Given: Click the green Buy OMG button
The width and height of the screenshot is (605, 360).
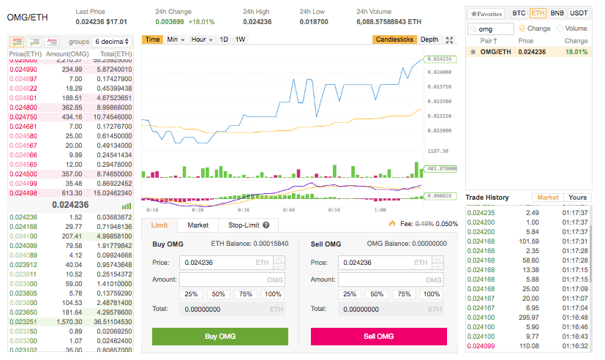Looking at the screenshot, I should (219, 337).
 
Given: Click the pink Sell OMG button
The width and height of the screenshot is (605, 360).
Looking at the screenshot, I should (378, 337).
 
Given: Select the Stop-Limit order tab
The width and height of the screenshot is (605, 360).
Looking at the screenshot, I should (248, 225).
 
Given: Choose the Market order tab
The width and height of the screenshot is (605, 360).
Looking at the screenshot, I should (198, 225).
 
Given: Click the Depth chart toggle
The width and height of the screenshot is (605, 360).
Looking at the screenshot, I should (429, 40).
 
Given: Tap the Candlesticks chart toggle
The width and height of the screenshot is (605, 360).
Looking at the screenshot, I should (394, 40).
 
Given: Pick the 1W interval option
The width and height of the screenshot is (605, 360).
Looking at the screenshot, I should (240, 40).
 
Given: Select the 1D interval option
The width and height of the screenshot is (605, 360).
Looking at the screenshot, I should (224, 40).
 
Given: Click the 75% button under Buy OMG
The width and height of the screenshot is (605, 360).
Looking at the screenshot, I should (245, 294).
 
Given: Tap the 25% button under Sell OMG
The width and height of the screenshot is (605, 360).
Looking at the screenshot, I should (350, 294).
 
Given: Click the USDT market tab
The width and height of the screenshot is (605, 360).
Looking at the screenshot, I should (578, 13).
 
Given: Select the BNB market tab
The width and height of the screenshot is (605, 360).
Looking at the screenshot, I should (557, 13).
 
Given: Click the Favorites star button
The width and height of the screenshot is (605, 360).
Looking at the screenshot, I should (486, 13).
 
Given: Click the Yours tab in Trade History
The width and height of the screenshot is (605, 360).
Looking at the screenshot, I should (577, 198).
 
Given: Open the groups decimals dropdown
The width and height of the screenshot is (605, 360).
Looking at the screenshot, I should (112, 42).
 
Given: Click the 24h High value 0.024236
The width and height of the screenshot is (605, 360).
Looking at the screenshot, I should (257, 22).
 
